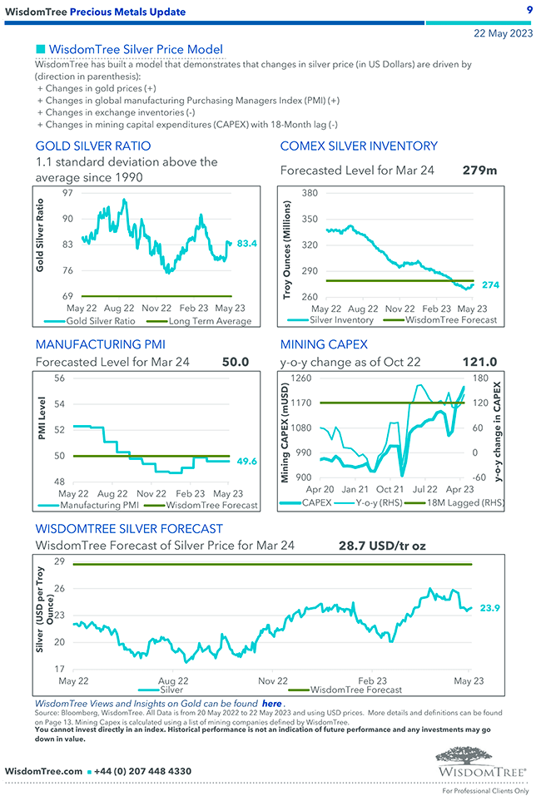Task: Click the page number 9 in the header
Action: coord(529,10)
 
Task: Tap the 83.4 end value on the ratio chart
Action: coord(247,244)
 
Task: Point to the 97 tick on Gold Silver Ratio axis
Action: coord(67,193)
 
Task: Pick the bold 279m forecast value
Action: coord(479,170)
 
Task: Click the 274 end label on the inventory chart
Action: coord(490,284)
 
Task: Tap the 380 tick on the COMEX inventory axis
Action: coord(310,193)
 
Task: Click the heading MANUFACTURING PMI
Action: coord(101,344)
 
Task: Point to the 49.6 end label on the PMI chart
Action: coord(247,461)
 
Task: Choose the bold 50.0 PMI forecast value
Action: coord(236,362)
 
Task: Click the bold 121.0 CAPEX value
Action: coord(479,362)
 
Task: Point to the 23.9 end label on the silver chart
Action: coord(490,609)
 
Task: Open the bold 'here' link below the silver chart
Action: coord(271,703)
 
